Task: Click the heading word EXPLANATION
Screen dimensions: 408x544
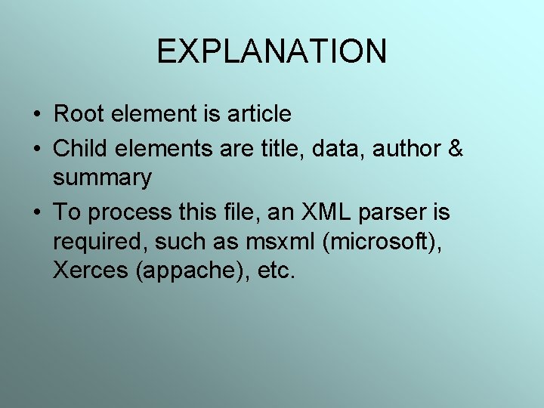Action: (271, 51)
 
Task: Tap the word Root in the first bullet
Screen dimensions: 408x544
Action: (78, 114)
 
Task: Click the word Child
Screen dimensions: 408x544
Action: (79, 149)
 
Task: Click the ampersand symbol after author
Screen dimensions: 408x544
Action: (456, 149)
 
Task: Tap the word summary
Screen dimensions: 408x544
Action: (102, 179)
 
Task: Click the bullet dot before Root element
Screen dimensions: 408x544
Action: (37, 115)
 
